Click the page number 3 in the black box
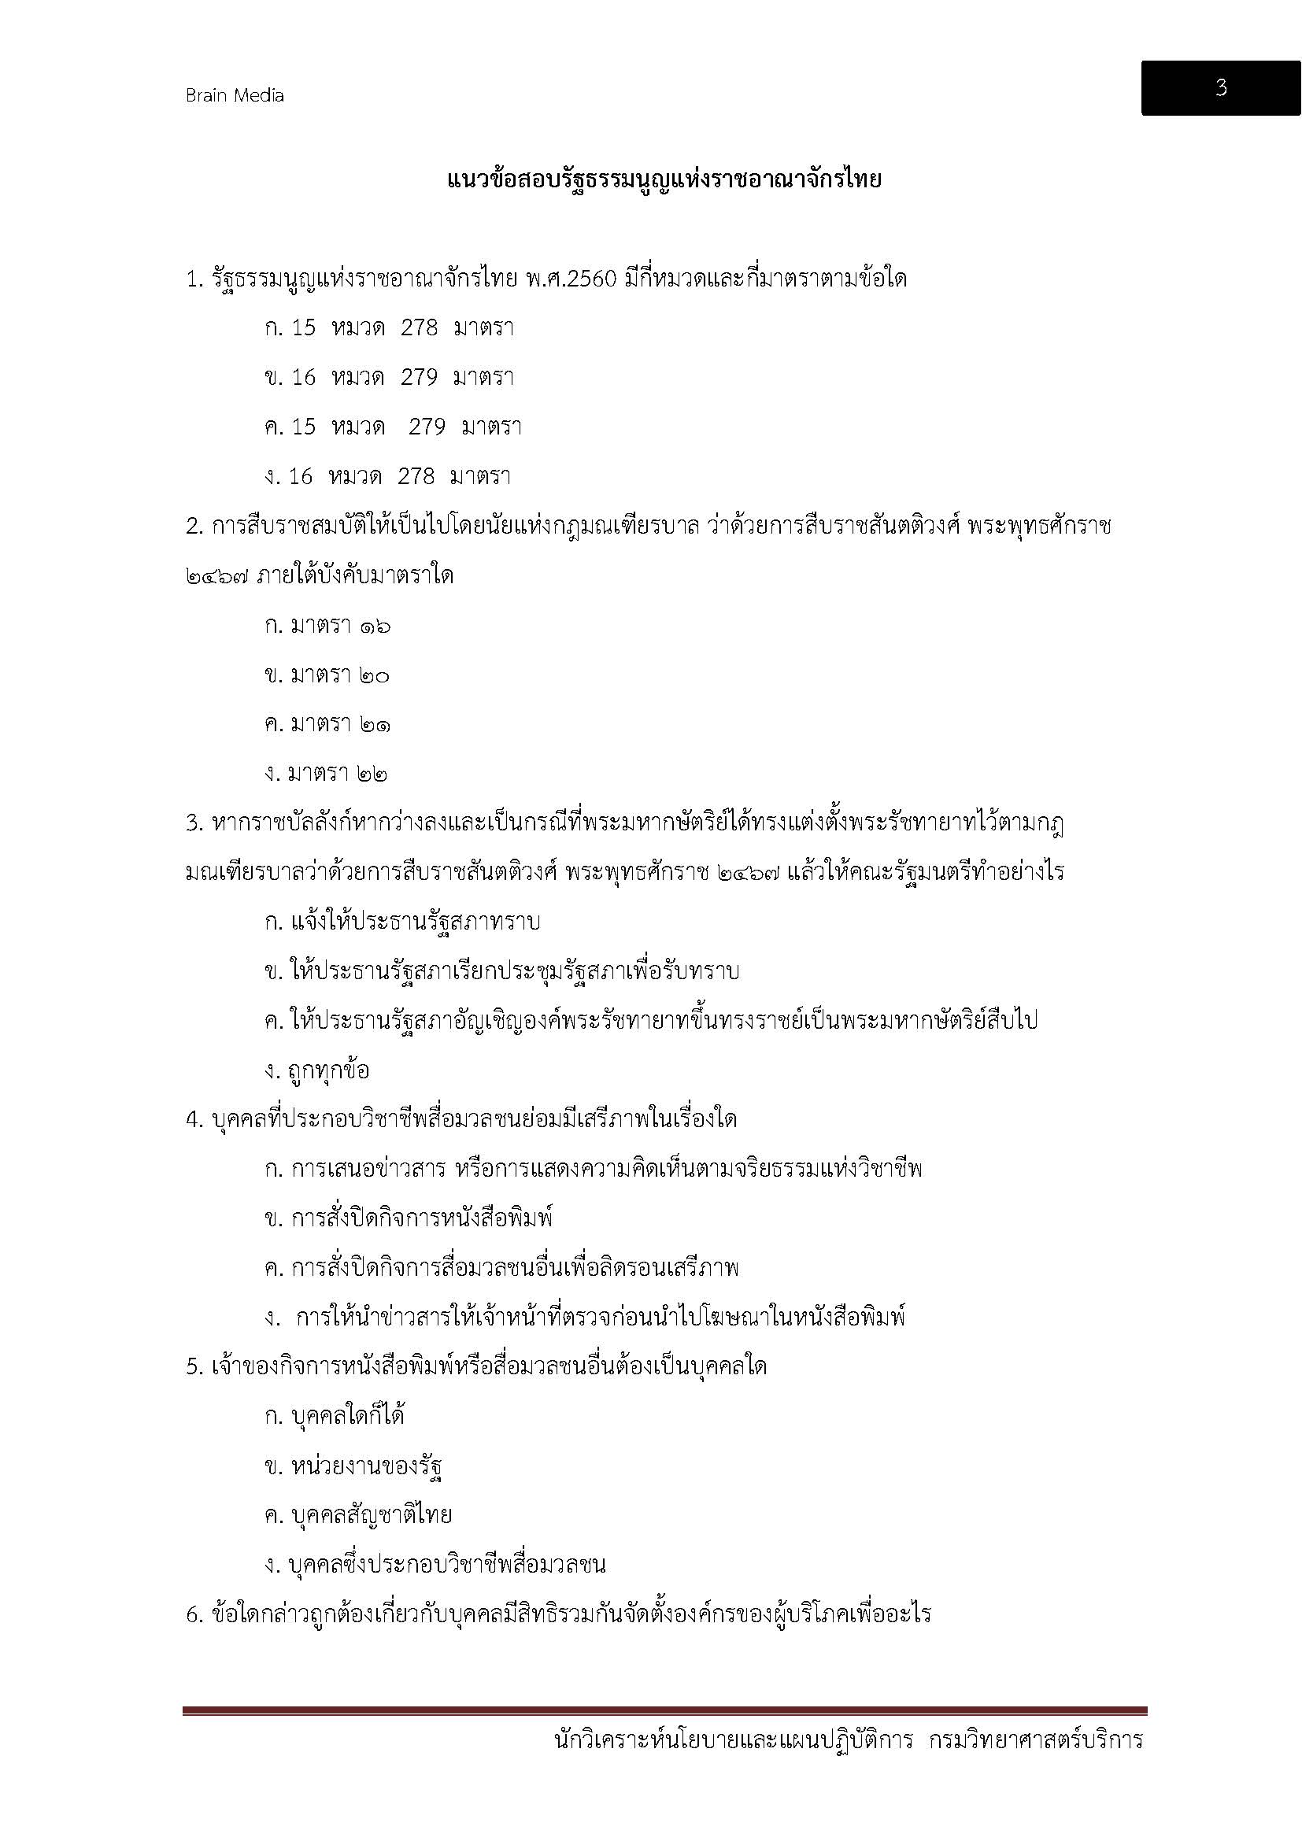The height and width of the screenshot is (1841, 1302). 1220,87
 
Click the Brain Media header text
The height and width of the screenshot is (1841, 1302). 235,95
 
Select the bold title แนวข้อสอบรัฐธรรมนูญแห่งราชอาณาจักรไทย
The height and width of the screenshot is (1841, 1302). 664,179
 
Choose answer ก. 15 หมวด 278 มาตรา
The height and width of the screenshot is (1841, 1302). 389,328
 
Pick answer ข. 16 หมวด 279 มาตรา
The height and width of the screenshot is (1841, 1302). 389,377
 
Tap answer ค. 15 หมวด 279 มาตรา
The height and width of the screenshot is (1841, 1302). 393,427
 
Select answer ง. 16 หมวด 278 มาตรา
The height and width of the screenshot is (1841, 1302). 387,476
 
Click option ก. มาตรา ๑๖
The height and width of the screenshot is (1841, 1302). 327,627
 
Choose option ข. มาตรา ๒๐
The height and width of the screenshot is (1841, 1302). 327,676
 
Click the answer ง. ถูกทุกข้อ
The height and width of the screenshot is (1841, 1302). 316,1071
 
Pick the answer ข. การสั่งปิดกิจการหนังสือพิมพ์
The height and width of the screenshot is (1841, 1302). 409,1218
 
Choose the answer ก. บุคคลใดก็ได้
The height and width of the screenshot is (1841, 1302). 335,1416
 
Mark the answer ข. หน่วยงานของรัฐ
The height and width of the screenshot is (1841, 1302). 353,1466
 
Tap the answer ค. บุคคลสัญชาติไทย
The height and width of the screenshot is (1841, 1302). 358,1515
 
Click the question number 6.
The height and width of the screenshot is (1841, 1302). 192,1615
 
